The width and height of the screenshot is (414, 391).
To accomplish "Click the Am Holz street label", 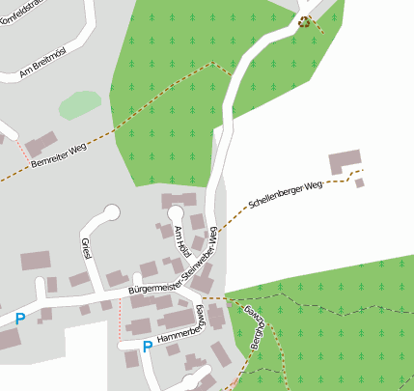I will pos(179,238).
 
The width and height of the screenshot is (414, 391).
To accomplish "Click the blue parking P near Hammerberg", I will pos(147,346).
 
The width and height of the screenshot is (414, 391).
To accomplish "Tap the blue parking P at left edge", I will pos(19,318).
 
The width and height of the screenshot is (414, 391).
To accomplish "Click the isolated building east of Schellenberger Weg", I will pos(345,162).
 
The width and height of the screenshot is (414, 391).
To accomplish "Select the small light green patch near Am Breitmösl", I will pos(80,104).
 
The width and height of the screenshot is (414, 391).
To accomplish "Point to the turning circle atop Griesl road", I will pos(111,211).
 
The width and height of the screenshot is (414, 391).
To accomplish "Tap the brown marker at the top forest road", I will pos(305,22).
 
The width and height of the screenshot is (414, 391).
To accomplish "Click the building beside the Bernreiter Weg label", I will pos(41,145).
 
